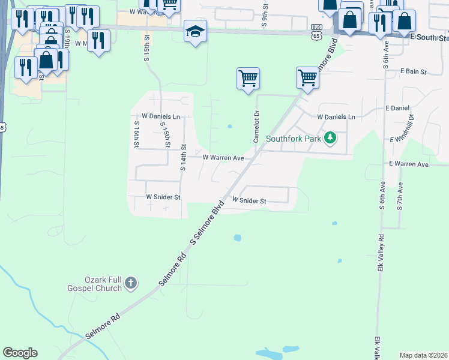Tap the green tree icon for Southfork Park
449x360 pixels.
pos(329,139)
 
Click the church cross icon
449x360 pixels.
pos(131,283)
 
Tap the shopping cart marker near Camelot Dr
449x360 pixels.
pos(248,78)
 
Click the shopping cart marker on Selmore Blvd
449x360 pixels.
pos(307,77)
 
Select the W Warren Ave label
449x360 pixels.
pos(223,158)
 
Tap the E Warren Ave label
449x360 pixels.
pos(409,164)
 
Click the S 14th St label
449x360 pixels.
pos(184,157)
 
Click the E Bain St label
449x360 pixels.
pos(413,72)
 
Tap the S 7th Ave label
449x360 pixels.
pos(400,199)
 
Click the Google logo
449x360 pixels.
pos(20,353)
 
